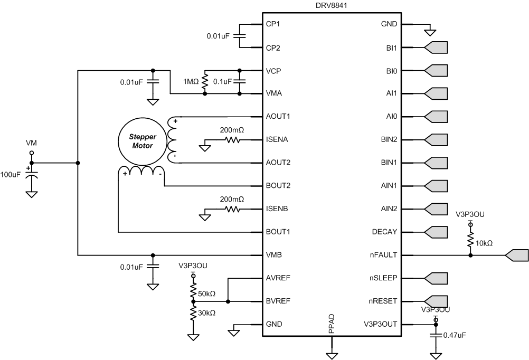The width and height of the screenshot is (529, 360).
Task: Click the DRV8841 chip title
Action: tap(332, 5)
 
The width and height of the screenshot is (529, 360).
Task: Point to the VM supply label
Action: tap(32, 143)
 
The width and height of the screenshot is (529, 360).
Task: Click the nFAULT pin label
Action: tap(385, 254)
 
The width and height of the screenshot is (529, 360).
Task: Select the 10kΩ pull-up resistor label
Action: tap(484, 243)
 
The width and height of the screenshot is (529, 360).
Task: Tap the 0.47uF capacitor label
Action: tap(455, 335)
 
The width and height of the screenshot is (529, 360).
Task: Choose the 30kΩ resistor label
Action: tap(206, 312)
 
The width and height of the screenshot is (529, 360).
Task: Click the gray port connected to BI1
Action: tap(436, 48)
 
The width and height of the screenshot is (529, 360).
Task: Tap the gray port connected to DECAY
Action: tap(436, 231)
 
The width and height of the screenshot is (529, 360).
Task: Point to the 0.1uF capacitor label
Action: tap(222, 82)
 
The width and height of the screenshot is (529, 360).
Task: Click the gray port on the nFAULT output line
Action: tap(516, 254)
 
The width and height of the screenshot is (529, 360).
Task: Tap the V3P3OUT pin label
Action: tap(381, 324)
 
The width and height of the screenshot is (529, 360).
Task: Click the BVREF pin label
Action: tap(277, 301)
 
